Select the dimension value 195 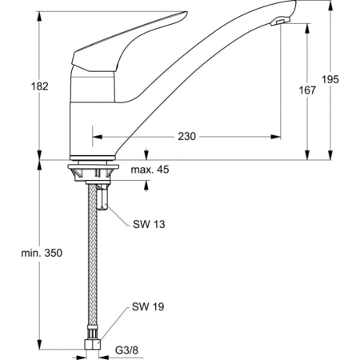tap(331, 78)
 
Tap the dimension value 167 tap(307, 90)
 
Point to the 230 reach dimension tap(186, 137)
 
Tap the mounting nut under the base tap(94, 172)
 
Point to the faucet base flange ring tap(94, 158)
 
